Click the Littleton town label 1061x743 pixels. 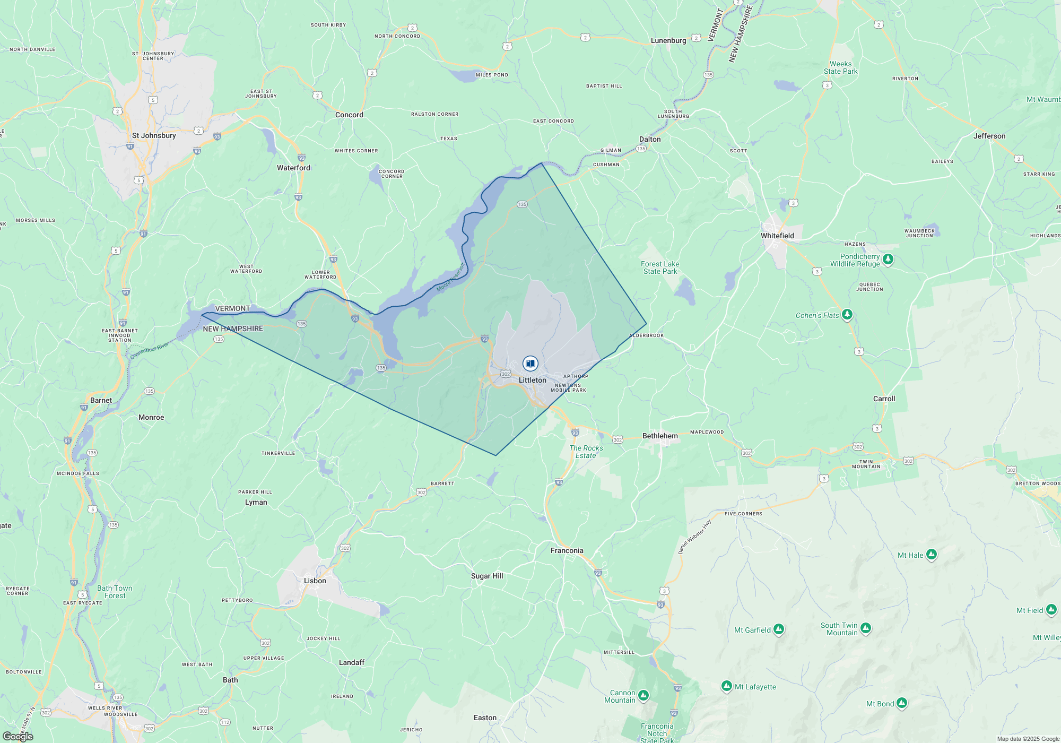pos(532,380)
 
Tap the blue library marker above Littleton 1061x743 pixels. pos(530,364)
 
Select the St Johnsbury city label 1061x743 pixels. pos(154,135)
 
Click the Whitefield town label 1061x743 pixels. pos(777,236)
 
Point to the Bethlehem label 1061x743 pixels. pos(660,436)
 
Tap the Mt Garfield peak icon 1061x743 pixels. pos(779,629)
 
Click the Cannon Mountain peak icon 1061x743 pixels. pos(643,695)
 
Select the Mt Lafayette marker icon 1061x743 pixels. pos(727,686)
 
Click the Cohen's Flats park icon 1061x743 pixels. pos(847,315)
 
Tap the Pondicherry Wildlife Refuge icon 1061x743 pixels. pos(888,260)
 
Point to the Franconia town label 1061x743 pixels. pos(567,550)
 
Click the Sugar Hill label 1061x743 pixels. pos(487,576)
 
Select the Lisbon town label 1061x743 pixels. pos(315,581)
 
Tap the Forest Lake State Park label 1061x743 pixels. pos(660,267)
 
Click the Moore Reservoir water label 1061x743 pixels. pos(450,278)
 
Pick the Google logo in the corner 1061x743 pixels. pos(18,736)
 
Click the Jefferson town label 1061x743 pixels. pos(989,136)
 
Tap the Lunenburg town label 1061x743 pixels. pos(668,40)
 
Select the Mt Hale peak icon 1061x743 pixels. pos(932,555)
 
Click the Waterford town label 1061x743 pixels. pos(293,168)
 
